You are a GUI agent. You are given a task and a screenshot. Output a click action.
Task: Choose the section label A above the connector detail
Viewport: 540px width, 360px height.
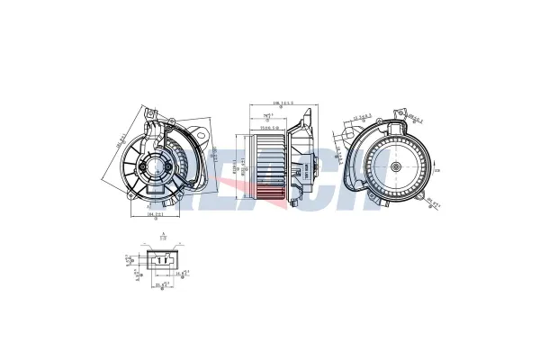coord(162,232)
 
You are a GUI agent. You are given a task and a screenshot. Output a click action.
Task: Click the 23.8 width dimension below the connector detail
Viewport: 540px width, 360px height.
coord(163,286)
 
